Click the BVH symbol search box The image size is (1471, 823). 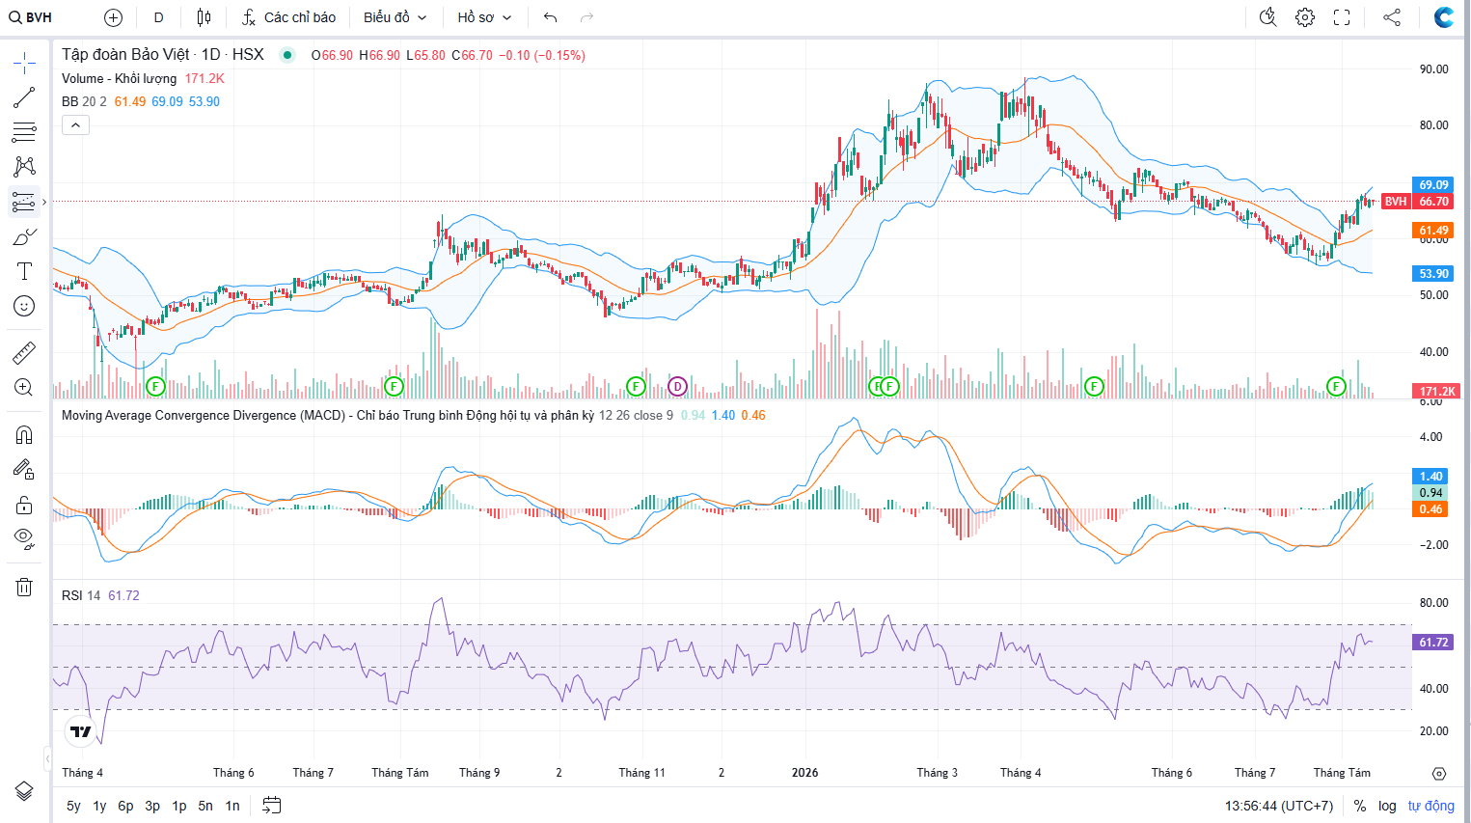[x=30, y=17]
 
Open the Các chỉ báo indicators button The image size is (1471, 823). [x=289, y=17]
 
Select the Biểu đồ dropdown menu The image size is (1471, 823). [x=395, y=17]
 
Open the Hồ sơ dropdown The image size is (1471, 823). [x=484, y=17]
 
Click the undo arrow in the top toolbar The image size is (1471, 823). [x=551, y=17]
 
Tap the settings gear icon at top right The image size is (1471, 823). [x=1305, y=17]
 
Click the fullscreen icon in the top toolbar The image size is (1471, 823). [x=1342, y=17]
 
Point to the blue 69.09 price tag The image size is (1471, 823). [x=1433, y=185]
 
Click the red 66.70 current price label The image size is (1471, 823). [x=1433, y=202]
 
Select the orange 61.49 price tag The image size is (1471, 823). [x=1433, y=231]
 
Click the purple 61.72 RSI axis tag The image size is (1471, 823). [x=1433, y=642]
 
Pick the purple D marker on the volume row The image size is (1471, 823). [x=677, y=386]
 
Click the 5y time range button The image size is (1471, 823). [x=73, y=806]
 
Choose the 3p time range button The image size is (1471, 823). [x=152, y=806]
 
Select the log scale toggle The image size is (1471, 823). [x=1387, y=806]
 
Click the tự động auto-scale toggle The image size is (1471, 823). [x=1430, y=806]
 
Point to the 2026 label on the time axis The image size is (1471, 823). [x=805, y=773]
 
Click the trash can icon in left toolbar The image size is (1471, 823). [x=24, y=587]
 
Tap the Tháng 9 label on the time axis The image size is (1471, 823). [x=479, y=773]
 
